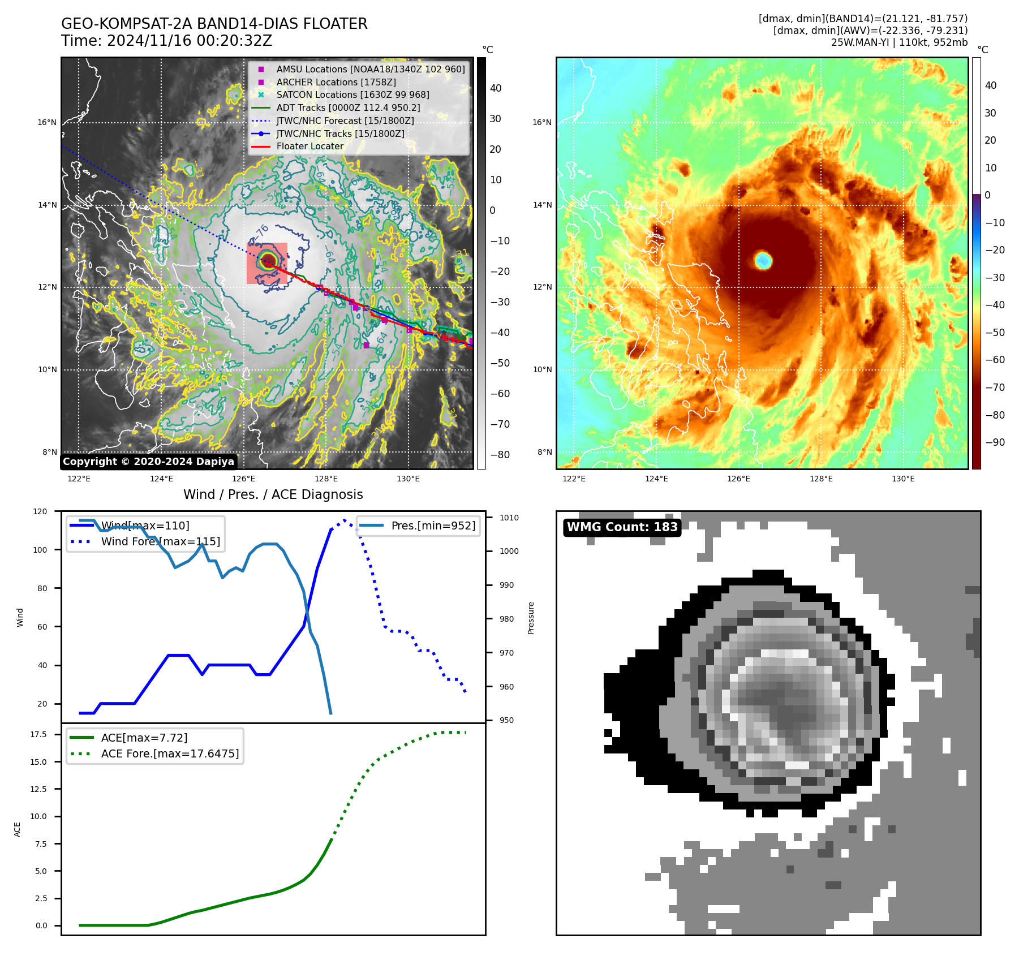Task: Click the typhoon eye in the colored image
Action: pos(763,261)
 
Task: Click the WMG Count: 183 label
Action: pos(622,527)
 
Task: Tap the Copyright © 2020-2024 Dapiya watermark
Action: pos(148,462)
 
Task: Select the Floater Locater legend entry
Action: pos(309,147)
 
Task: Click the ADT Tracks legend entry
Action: pos(348,108)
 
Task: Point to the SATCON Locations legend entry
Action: pos(352,95)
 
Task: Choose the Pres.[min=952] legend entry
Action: pos(433,526)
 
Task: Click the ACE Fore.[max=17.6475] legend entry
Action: pos(170,754)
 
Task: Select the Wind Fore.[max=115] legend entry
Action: pos(161,542)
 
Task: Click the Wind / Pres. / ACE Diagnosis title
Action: pos(273,495)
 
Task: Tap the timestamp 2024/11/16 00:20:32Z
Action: pos(189,41)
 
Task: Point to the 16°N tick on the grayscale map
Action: pos(48,123)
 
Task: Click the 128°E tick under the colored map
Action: pos(821,479)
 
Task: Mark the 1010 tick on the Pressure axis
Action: pos(509,518)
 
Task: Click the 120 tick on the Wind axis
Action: pos(40,511)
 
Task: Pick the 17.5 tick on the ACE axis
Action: pos(38,735)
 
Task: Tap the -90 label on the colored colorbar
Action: pos(995,442)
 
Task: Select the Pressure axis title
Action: pos(531,618)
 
